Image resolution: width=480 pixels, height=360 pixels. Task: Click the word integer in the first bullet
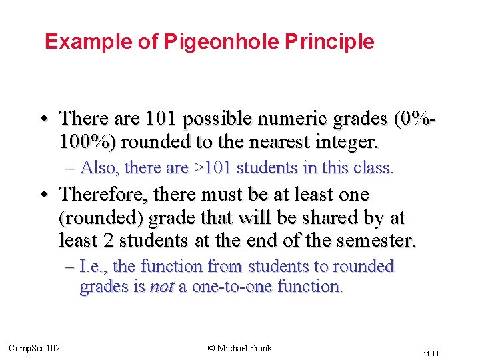click(347, 142)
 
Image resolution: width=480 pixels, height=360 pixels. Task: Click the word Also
click(98, 167)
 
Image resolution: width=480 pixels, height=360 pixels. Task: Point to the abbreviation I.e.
click(94, 267)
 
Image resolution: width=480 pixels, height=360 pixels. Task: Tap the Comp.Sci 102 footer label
click(34, 347)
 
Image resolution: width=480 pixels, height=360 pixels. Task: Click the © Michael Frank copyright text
click(240, 347)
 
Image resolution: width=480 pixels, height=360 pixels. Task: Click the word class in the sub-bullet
click(377, 167)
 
